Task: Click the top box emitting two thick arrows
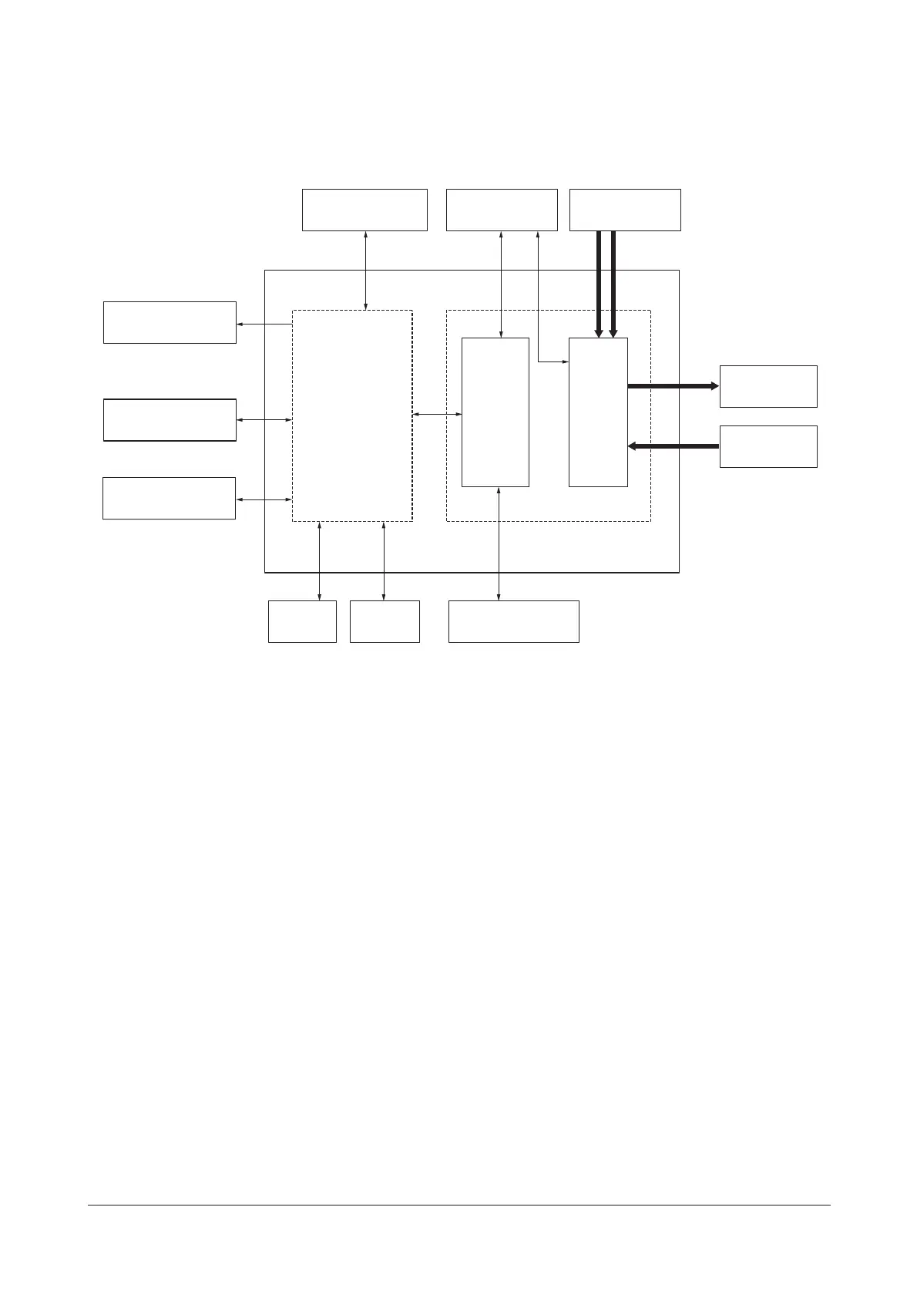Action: (625, 210)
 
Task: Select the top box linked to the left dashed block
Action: (364, 210)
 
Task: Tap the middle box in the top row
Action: (502, 210)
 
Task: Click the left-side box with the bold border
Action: (170, 420)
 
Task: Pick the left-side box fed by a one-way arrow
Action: (170, 322)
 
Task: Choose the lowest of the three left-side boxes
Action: (169, 498)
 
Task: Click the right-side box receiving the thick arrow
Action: (768, 386)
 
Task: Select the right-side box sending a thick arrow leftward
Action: (768, 446)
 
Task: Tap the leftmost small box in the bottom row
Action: (302, 621)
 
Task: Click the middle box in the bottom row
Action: (385, 621)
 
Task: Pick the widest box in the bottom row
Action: (514, 621)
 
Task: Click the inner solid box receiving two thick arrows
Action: (598, 412)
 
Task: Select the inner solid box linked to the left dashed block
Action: (495, 412)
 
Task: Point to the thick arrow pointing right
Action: (673, 386)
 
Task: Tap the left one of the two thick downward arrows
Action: (599, 284)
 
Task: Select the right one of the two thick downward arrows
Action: (613, 284)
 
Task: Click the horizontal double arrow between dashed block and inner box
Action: (437, 415)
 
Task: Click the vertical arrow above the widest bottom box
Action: (499, 543)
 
